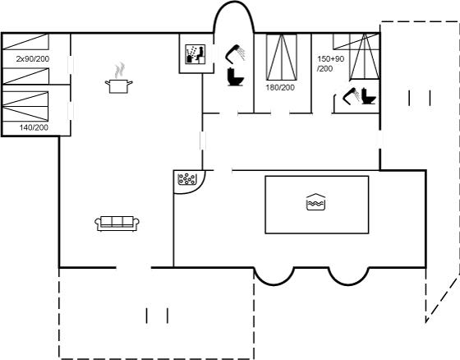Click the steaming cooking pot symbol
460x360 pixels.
(x=118, y=78)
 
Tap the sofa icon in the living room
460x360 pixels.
(x=117, y=224)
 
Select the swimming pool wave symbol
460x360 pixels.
(x=315, y=202)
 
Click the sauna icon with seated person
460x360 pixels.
(x=195, y=54)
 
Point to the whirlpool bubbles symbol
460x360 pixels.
(x=187, y=179)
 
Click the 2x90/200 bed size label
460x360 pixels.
(x=33, y=58)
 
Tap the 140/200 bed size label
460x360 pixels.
(x=34, y=127)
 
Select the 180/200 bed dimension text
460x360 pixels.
(x=280, y=87)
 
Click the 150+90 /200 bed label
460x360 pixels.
(x=330, y=64)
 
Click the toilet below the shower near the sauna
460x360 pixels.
(x=235, y=76)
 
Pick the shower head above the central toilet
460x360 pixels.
(x=235, y=53)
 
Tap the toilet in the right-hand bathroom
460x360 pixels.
(x=368, y=95)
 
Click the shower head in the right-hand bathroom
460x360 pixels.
(x=352, y=95)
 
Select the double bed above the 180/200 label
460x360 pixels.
(x=282, y=57)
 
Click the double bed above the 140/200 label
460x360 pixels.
(x=25, y=106)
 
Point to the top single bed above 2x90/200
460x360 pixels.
(x=25, y=41)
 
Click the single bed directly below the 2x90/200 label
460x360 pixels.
(x=25, y=76)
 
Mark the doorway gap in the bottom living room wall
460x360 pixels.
(x=134, y=267)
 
